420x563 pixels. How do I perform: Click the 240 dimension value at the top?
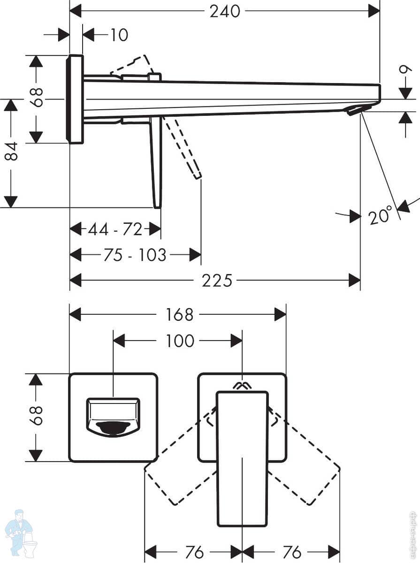[225, 11]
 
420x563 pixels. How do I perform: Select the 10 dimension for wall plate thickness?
[119, 35]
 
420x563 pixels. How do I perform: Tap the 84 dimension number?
[11, 151]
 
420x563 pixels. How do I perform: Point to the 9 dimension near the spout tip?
[405, 71]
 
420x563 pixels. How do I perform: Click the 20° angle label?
[380, 216]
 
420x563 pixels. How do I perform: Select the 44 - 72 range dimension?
[115, 229]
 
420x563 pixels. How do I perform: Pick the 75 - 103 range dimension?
[135, 255]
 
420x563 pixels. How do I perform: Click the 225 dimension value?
[217, 281]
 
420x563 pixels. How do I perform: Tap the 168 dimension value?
[179, 314]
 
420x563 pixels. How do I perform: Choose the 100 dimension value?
[180, 341]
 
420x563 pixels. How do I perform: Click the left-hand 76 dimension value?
[195, 552]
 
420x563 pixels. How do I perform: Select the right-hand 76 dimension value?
[292, 552]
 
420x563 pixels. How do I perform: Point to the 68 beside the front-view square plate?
[37, 415]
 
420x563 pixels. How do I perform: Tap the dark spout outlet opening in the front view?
[113, 427]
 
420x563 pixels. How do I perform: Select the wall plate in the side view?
[75, 99]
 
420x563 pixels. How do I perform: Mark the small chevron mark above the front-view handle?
[242, 386]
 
